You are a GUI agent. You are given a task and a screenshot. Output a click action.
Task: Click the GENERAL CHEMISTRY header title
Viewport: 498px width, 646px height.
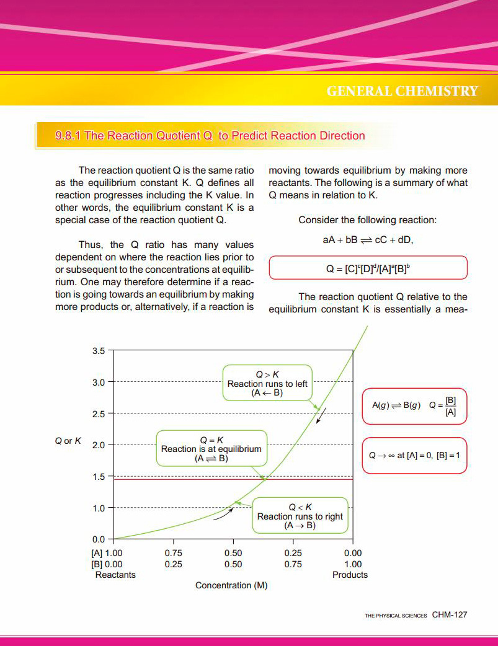click(402, 92)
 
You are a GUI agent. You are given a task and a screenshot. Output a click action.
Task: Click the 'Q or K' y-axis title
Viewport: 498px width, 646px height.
click(68, 441)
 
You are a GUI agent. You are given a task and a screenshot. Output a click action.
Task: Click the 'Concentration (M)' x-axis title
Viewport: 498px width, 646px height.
click(231, 585)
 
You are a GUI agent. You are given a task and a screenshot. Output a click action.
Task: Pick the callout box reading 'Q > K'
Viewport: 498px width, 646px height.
click(267, 384)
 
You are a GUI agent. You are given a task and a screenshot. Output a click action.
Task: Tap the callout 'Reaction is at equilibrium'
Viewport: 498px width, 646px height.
click(211, 449)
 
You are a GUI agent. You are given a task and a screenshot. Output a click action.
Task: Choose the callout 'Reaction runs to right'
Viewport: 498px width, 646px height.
click(300, 516)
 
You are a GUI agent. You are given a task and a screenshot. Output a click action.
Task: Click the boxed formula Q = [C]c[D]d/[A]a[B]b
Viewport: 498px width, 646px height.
click(368, 268)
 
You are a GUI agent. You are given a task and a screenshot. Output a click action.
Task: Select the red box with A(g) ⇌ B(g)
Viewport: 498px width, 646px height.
click(414, 405)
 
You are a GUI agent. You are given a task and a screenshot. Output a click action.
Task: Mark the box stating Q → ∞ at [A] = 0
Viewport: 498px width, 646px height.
click(414, 456)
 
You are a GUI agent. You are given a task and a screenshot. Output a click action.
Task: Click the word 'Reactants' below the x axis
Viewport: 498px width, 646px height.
click(115, 575)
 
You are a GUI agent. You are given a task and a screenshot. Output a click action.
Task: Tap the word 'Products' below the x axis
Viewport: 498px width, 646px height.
click(350, 575)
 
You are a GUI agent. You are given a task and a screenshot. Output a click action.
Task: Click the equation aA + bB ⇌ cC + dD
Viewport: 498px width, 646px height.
click(368, 240)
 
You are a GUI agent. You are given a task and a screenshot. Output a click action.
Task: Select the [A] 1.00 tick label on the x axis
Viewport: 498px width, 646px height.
click(107, 553)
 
